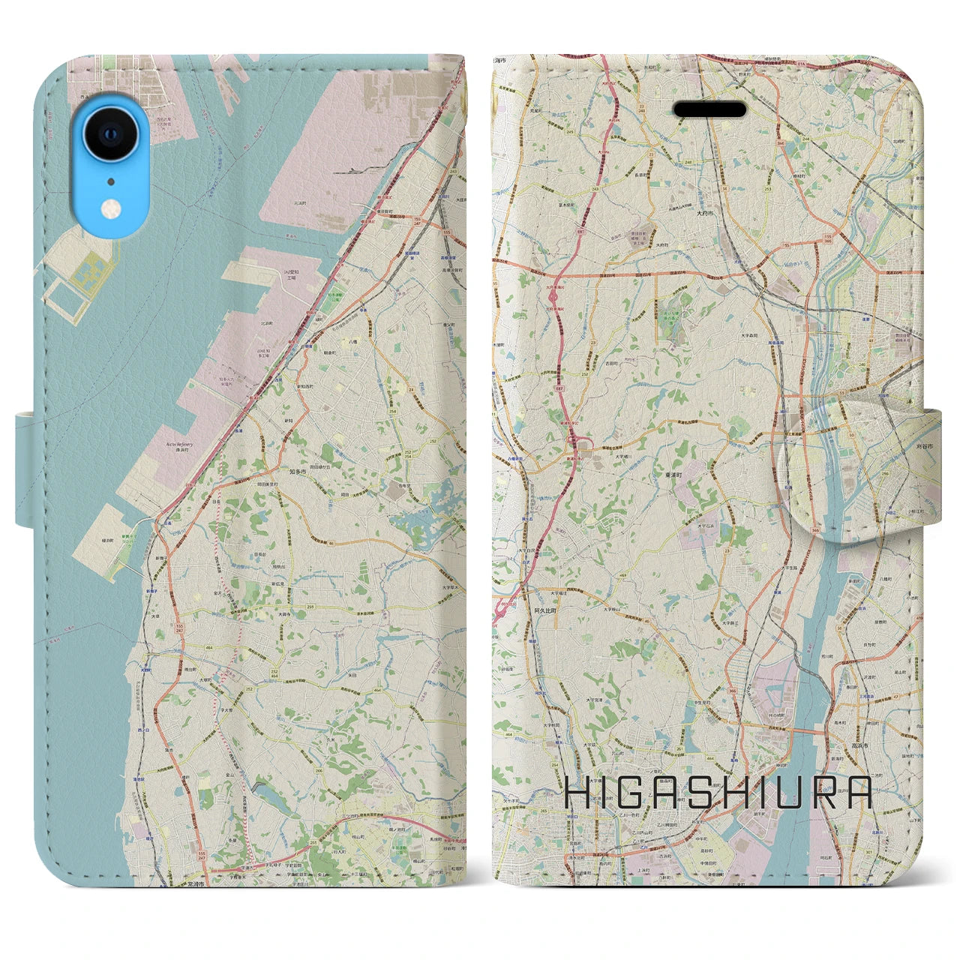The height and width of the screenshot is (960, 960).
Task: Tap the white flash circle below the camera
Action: [110, 206]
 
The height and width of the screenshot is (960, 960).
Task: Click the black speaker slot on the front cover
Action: [709, 110]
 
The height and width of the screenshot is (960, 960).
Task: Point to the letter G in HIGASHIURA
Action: [626, 793]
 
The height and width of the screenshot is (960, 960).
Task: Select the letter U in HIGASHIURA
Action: [799, 793]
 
